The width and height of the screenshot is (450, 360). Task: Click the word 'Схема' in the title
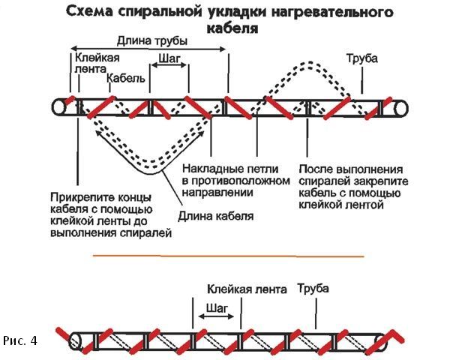pos(91,13)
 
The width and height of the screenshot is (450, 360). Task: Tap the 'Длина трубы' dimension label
pos(148,40)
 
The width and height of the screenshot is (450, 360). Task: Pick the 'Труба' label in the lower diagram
pos(313,289)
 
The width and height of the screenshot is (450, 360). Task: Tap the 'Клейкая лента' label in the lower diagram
pos(242,289)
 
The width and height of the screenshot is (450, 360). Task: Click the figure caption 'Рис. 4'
pos(20,341)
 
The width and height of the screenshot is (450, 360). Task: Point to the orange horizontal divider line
pos(225,256)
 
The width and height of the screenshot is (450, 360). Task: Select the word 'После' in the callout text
pos(314,169)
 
